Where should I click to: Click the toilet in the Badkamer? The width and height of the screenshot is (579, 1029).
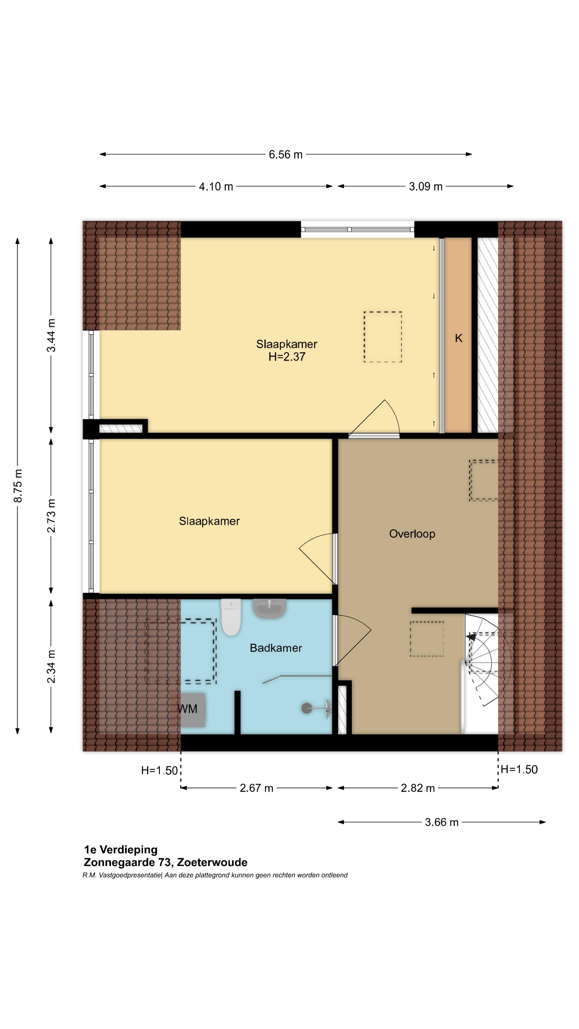[231, 616]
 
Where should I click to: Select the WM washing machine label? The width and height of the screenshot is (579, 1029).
[187, 709]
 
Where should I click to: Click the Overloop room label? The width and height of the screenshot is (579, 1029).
[412, 534]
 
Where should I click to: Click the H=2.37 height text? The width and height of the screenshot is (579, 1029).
[287, 357]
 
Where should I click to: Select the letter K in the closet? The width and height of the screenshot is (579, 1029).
[458, 338]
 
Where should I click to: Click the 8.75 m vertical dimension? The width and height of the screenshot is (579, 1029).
[18, 486]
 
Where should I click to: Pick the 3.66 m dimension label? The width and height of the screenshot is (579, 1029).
[441, 822]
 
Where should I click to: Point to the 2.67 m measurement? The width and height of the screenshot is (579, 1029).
[256, 788]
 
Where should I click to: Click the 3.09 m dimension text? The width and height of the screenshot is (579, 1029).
[426, 187]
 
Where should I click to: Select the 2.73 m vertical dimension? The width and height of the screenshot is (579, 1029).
[51, 516]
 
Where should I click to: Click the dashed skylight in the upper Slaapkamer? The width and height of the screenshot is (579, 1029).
[383, 337]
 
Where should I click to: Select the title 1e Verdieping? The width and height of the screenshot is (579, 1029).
[121, 850]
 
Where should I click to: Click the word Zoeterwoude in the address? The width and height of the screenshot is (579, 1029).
[212, 862]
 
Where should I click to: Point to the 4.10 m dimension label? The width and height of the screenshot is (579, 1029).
[216, 187]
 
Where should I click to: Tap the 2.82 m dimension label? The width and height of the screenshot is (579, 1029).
[418, 788]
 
